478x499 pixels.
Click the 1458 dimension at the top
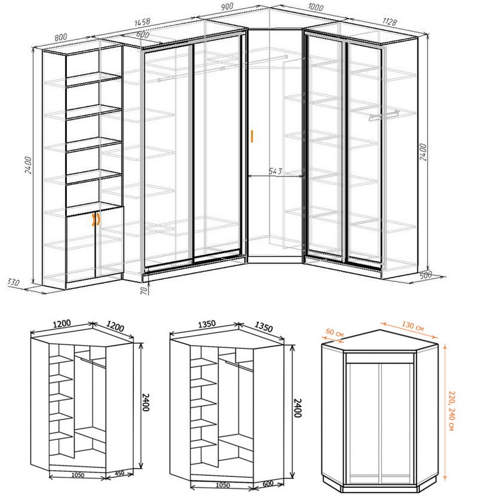[142, 22]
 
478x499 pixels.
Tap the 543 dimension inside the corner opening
[276, 171]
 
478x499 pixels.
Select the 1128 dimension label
[390, 21]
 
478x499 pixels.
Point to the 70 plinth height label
[145, 290]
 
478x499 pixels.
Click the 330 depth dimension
[13, 282]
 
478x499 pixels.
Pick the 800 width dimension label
[61, 37]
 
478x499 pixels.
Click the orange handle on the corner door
[252, 136]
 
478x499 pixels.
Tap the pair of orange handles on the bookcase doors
[96, 220]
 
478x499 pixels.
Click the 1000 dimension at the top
[315, 7]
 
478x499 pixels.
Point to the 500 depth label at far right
[425, 275]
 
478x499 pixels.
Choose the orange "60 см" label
[335, 333]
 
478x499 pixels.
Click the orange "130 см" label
[412, 326]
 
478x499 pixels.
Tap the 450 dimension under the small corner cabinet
[119, 473]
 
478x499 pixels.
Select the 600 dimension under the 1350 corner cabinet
[268, 483]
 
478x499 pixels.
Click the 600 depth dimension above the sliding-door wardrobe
[143, 34]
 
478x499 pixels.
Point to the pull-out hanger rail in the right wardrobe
[384, 115]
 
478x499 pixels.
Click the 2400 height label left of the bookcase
[28, 165]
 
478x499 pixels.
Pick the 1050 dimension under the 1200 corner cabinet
[78, 475]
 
